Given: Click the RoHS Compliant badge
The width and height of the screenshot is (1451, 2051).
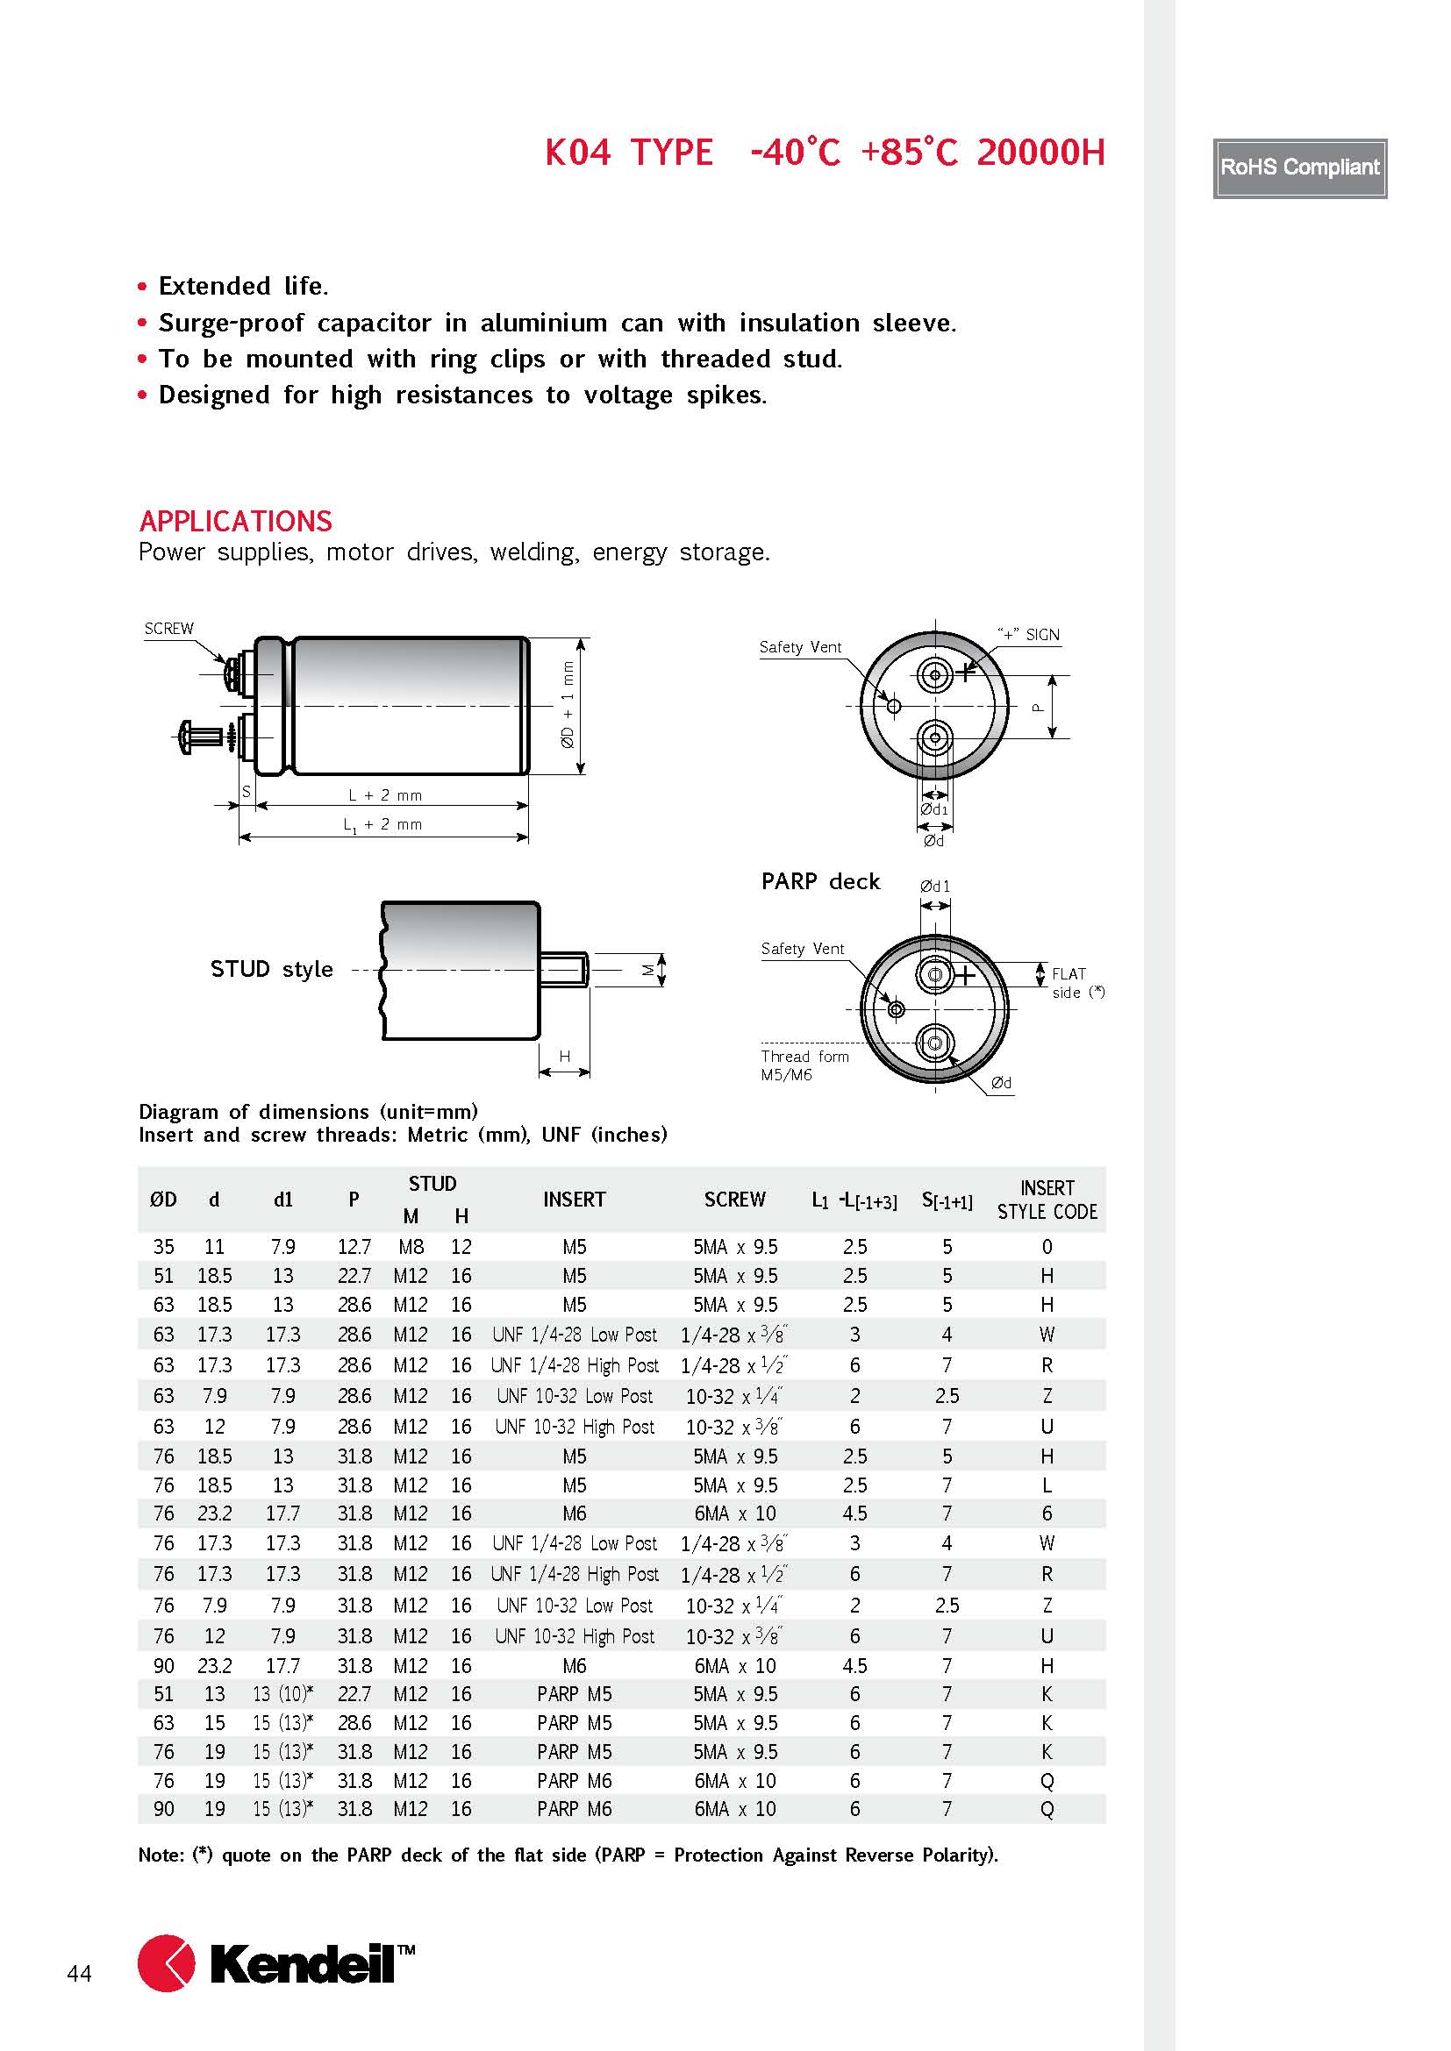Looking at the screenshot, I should [x=1299, y=168].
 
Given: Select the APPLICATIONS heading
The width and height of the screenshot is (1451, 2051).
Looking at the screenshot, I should [x=236, y=521].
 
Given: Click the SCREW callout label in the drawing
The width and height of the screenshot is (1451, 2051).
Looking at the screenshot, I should [x=168, y=629].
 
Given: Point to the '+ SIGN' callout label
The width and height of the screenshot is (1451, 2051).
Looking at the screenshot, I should [x=1028, y=634].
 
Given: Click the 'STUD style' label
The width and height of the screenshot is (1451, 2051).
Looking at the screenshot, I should [x=272, y=969].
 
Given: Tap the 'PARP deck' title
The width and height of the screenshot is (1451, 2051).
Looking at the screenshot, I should [x=820, y=881].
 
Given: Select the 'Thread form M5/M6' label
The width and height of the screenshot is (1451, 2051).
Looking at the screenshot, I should [x=804, y=1065].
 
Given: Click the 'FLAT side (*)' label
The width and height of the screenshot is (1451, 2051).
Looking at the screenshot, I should [x=1076, y=983].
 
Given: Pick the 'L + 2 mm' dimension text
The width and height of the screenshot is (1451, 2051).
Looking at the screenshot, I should [x=385, y=795].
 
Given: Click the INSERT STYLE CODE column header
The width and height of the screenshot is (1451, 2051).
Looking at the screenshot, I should [x=1047, y=1200].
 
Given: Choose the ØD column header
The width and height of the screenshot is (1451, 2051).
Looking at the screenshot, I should [x=163, y=1200].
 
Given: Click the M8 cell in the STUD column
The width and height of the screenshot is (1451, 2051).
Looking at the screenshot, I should [x=410, y=1246].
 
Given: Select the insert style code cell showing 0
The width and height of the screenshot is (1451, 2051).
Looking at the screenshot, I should [x=1047, y=1246].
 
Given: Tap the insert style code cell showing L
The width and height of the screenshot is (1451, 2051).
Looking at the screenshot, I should [x=1047, y=1485].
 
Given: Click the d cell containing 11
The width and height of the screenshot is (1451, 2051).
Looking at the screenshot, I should [x=214, y=1246].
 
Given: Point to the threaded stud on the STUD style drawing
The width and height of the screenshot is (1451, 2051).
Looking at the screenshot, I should [x=565, y=969].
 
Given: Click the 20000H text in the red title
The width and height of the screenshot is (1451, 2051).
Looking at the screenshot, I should [x=1040, y=153].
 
